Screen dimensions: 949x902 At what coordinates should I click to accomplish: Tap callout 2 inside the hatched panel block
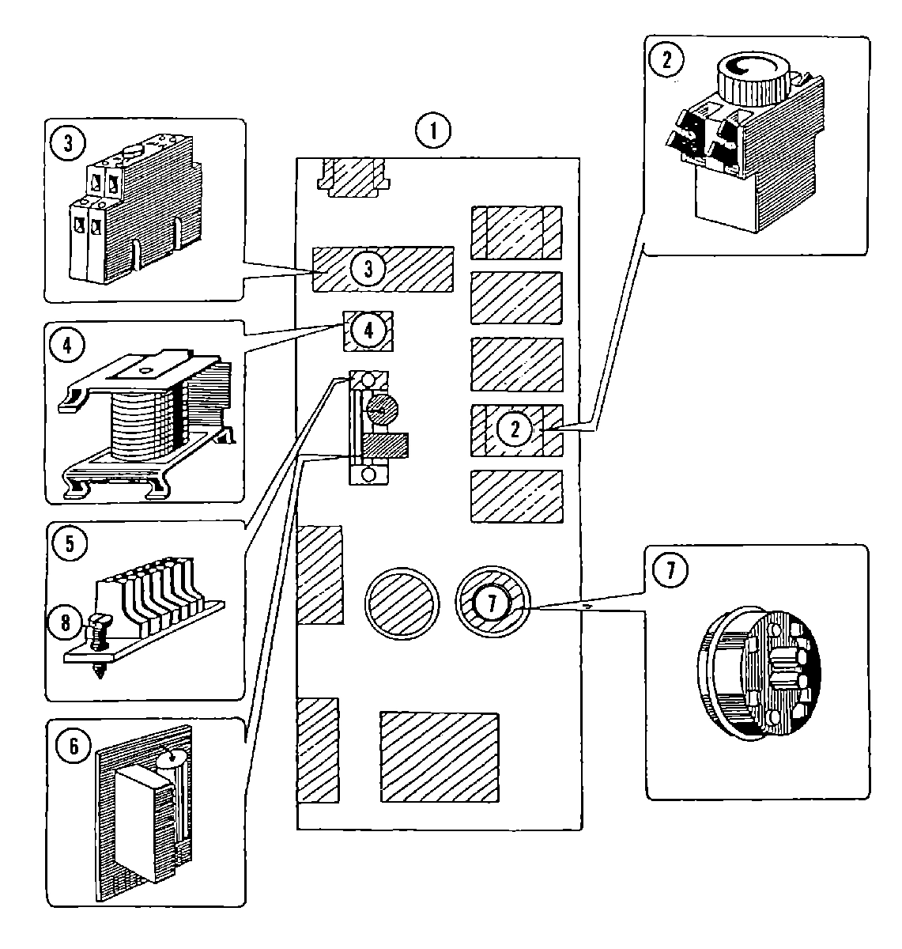pos(515,429)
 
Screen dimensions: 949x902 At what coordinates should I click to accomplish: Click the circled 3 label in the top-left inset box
pos(70,145)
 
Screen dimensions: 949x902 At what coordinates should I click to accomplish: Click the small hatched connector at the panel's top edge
pos(353,177)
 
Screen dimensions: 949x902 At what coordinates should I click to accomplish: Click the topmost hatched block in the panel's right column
pos(516,233)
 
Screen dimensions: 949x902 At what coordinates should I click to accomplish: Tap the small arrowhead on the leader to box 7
pos(587,603)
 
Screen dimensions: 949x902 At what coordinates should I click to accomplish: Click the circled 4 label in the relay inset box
pos(70,346)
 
